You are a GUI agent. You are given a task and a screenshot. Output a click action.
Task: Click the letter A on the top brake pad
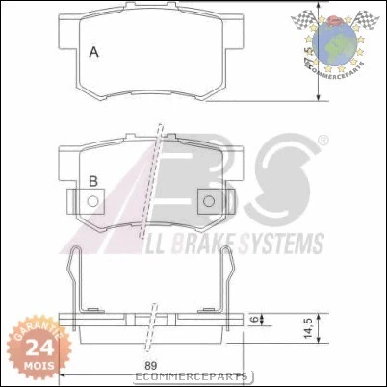coord(93,52)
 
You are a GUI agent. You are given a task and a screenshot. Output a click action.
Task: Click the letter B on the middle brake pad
coord(93,180)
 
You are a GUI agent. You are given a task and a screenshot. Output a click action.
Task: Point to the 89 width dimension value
coord(151,366)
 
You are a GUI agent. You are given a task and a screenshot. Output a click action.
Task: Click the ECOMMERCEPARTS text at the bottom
coord(201,377)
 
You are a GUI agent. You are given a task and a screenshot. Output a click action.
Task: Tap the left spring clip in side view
coord(78,279)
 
